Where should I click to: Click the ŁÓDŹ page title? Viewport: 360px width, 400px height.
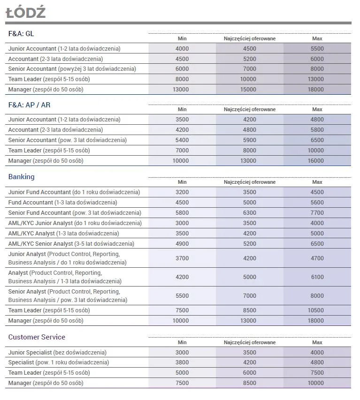point(25,12)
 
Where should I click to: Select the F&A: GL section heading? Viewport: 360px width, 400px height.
point(21,34)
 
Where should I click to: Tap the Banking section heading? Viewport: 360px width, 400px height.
point(21,177)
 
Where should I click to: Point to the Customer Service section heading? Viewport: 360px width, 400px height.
point(37,337)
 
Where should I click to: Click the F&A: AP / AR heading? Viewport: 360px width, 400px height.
point(30,105)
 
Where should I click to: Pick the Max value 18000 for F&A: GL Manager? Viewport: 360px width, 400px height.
point(317,90)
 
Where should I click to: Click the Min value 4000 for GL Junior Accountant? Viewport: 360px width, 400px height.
point(182,49)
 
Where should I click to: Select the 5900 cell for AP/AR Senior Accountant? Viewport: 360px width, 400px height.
point(250,140)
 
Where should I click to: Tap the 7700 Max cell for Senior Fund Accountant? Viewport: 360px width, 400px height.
point(317,213)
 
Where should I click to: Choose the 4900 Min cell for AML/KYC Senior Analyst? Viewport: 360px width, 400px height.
point(182,244)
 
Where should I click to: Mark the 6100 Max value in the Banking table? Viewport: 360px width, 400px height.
point(317,277)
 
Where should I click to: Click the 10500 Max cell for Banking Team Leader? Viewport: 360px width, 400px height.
point(317,310)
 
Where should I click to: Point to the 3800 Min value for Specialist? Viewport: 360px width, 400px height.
point(182,362)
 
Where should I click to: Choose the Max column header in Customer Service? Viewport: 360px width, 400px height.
point(317,342)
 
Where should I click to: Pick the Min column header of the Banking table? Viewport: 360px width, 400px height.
point(182,182)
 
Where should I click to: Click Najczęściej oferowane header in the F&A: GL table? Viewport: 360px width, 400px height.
point(250,38)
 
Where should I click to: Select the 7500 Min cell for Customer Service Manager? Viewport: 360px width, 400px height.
point(182,383)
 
